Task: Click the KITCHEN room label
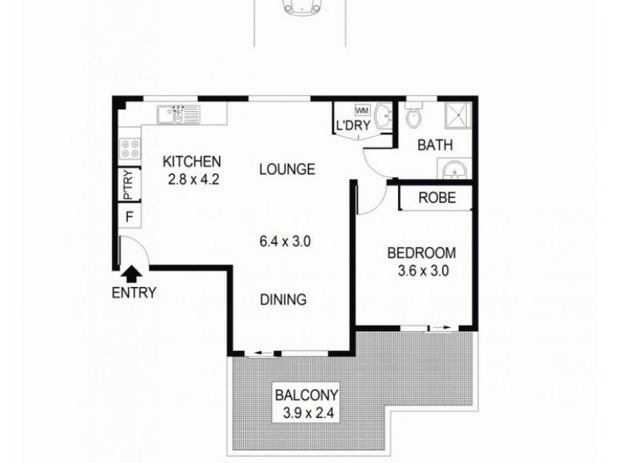pos(192,162)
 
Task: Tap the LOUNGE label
pos(287,169)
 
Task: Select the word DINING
pos(284,300)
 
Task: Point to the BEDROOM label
pos(421,253)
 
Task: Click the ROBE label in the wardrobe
pos(437,198)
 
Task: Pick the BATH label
pos(435,145)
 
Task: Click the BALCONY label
pos(307,399)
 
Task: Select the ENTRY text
pos(134,293)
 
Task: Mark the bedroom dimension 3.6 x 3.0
pos(421,271)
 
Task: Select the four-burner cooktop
pos(128,147)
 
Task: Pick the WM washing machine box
pos(362,110)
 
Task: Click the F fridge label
pos(130,215)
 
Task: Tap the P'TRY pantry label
pos(128,185)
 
